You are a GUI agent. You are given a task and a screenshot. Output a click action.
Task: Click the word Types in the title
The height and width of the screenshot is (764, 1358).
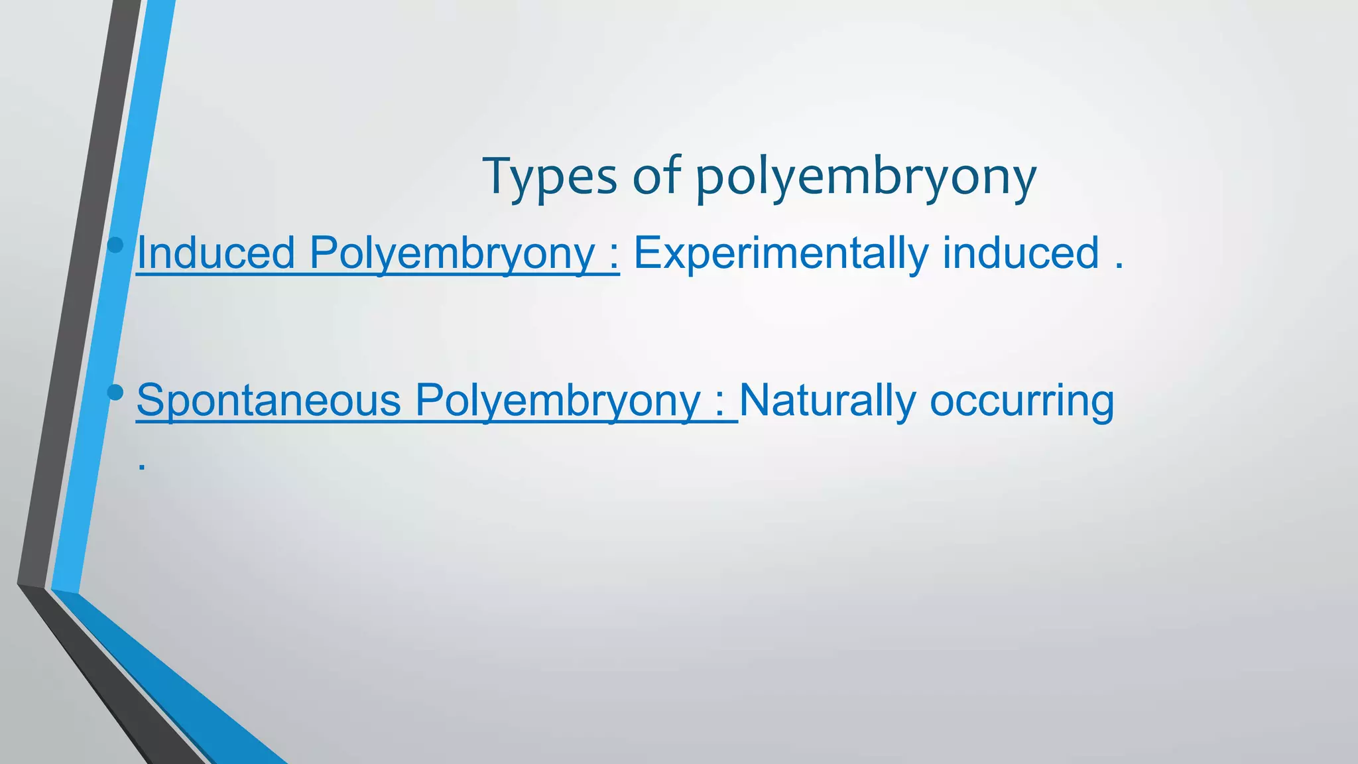pyautogui.click(x=550, y=177)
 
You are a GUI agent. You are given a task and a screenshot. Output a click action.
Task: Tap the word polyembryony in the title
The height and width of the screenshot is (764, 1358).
pyautogui.click(x=865, y=179)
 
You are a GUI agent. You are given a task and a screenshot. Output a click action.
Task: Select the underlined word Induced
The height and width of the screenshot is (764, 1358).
pyautogui.click(x=216, y=253)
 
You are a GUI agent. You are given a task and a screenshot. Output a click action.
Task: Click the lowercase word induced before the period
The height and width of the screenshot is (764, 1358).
pyautogui.click(x=1020, y=253)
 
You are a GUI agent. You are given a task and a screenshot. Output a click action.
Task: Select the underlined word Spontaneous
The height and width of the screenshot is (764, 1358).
pyautogui.click(x=269, y=401)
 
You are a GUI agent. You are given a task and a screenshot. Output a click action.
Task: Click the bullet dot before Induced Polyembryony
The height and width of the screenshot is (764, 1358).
pyautogui.click(x=115, y=245)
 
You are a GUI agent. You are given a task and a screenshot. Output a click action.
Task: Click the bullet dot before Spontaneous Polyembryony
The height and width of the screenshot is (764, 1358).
pyautogui.click(x=115, y=393)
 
